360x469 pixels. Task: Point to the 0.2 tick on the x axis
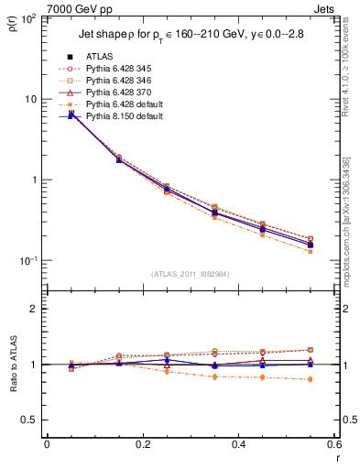click(142, 445)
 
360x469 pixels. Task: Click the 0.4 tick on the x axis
click(238, 445)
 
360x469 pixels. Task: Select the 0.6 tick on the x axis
click(333, 445)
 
